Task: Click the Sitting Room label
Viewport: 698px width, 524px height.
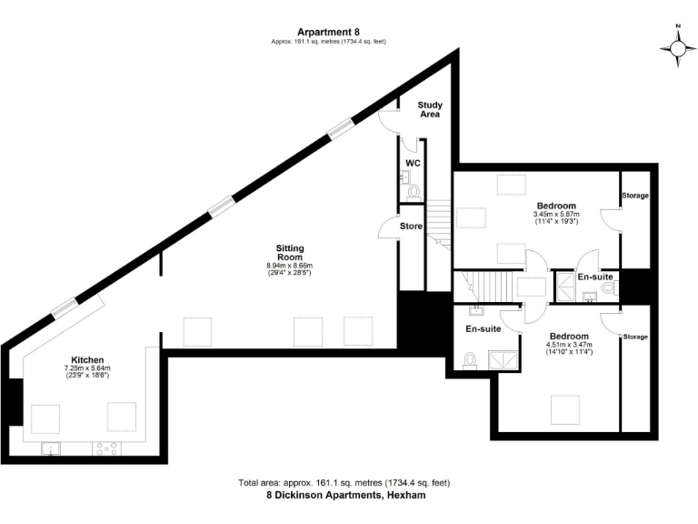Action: click(x=290, y=252)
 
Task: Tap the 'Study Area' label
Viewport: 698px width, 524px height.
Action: click(x=430, y=110)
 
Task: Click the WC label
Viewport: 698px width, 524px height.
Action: click(x=413, y=162)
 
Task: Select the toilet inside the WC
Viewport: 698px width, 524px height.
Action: click(x=414, y=192)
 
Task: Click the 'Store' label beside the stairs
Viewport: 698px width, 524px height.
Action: click(x=412, y=226)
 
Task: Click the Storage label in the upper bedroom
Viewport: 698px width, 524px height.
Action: click(x=634, y=196)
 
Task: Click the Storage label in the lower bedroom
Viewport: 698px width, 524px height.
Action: click(x=634, y=337)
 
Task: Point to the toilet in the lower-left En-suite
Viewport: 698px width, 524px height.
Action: click(x=470, y=362)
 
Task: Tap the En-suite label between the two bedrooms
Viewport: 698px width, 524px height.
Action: click(x=595, y=277)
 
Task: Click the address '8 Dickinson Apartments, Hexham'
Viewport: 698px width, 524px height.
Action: click(x=345, y=496)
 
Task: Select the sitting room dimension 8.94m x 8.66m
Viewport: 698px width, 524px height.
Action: click(x=290, y=267)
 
